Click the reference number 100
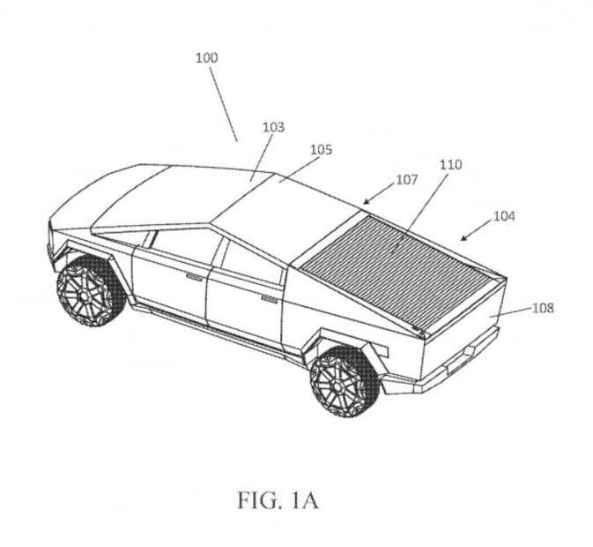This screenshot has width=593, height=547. pyautogui.click(x=207, y=58)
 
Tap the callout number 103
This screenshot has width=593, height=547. pyautogui.click(x=273, y=127)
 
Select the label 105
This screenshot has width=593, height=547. pyautogui.click(x=321, y=150)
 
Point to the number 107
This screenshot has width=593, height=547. pyautogui.click(x=406, y=179)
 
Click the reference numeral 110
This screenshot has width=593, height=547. pyautogui.click(x=451, y=165)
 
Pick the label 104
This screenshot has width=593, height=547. pyautogui.click(x=504, y=216)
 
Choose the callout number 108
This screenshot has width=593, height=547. pyautogui.click(x=543, y=308)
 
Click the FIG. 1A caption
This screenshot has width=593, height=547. pyautogui.click(x=278, y=500)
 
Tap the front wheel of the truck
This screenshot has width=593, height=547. pyautogui.click(x=91, y=291)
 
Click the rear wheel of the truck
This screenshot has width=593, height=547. pyautogui.click(x=345, y=381)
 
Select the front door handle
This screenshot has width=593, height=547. pyautogui.click(x=194, y=277)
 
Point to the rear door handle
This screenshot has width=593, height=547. pyautogui.click(x=270, y=300)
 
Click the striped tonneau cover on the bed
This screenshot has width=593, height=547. pyautogui.click(x=404, y=272)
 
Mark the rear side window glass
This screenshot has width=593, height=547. pyautogui.click(x=251, y=261)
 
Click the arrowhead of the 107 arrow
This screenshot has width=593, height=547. pyautogui.click(x=366, y=203)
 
